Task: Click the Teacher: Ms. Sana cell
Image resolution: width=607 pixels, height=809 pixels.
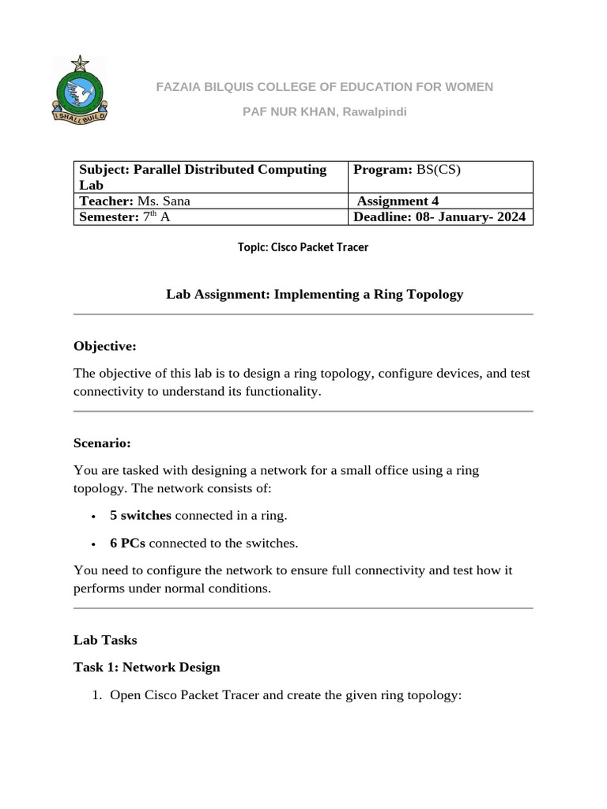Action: (210, 201)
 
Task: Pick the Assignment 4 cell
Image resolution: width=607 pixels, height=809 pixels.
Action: (440, 201)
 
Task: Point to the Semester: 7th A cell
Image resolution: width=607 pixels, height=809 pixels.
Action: (210, 217)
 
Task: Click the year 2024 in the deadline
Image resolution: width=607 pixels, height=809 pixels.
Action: (509, 217)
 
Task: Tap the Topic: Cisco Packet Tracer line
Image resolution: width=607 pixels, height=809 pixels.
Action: (303, 247)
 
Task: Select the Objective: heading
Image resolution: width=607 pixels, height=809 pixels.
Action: (105, 345)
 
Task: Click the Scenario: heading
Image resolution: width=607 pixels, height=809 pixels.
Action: (102, 442)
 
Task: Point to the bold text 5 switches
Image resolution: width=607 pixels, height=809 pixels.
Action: (141, 516)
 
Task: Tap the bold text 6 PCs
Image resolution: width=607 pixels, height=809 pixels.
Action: (128, 544)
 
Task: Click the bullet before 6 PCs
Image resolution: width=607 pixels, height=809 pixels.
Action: (94, 544)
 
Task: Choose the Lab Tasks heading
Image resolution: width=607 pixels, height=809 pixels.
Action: (105, 640)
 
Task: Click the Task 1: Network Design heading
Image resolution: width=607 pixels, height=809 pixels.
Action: (146, 668)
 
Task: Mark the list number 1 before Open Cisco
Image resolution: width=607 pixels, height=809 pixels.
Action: (97, 695)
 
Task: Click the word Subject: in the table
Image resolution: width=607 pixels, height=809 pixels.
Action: (104, 170)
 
